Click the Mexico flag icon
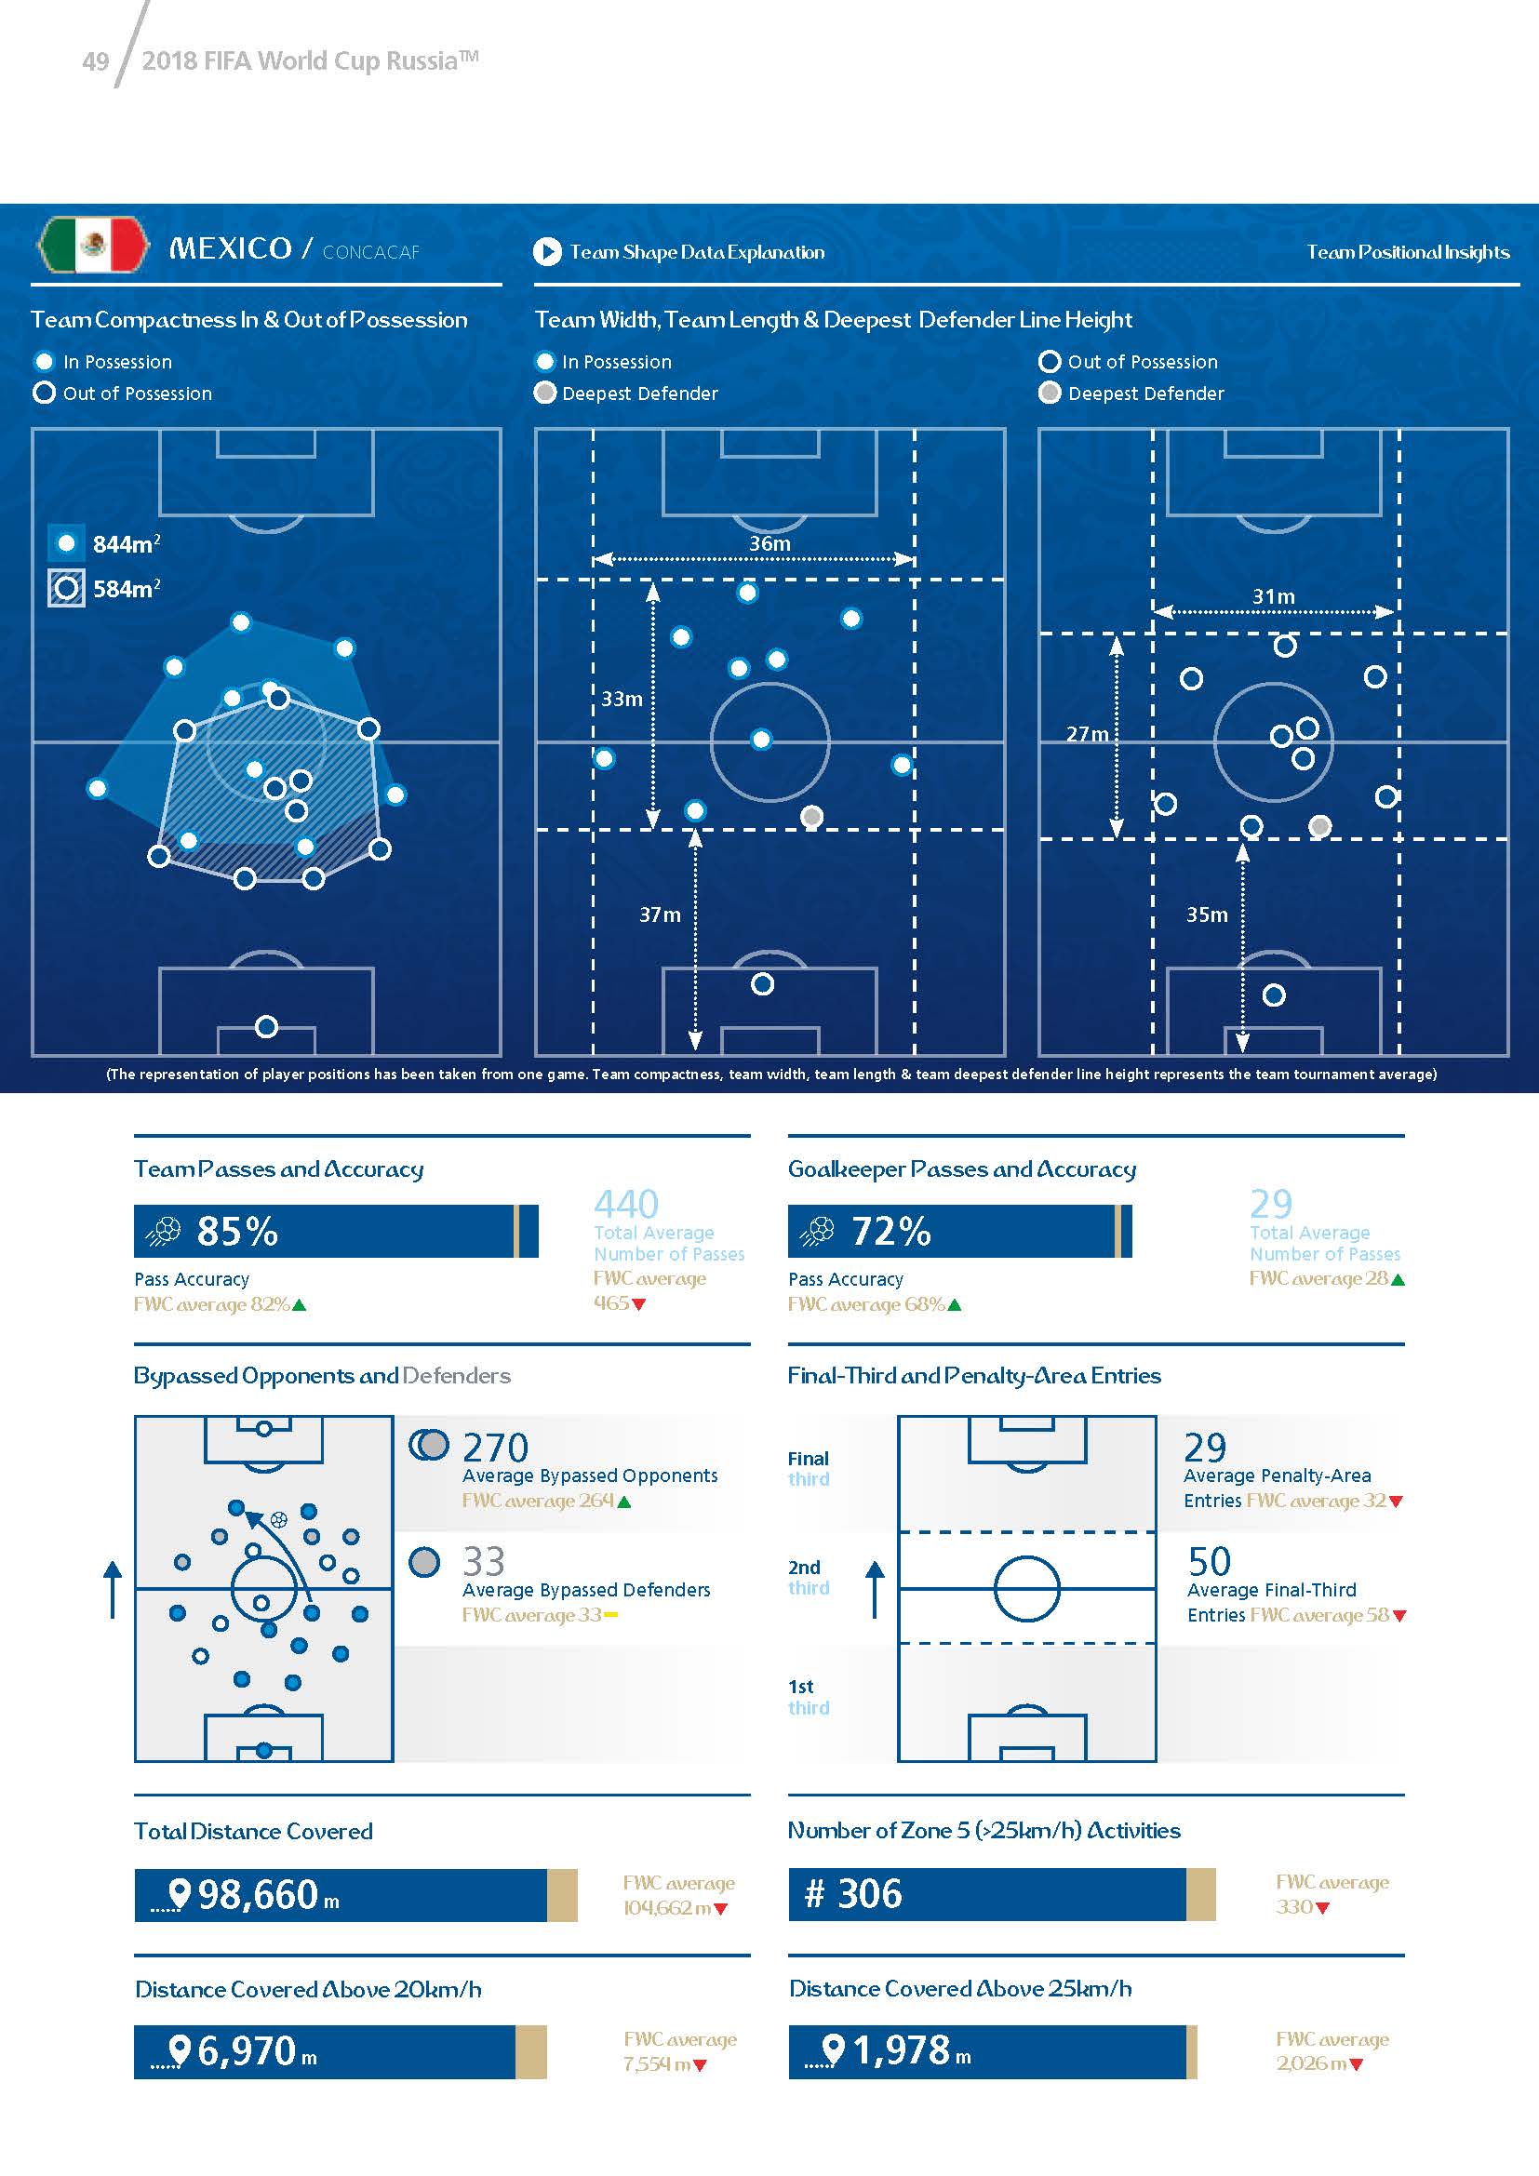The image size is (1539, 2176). point(93,245)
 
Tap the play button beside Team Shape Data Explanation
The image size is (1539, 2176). point(547,252)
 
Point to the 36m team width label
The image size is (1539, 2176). point(769,544)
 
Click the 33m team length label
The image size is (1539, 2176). point(622,700)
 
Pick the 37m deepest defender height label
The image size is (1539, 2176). point(660,914)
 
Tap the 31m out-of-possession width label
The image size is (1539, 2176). point(1273,597)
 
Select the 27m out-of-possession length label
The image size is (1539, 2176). point(1087,733)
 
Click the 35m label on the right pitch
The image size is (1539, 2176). point(1207,914)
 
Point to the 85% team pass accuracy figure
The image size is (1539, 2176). point(237,1231)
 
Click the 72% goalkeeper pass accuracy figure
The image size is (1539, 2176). point(890,1231)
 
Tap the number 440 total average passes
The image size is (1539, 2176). point(625,1205)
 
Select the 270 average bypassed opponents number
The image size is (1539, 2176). point(495,1448)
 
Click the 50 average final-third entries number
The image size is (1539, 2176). point(1210,1562)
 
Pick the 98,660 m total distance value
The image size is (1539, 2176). point(258,1894)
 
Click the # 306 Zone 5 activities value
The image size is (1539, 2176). point(854,1893)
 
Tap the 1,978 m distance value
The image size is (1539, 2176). point(902,2051)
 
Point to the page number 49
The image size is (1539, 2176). point(96,61)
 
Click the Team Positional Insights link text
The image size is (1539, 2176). point(1407,252)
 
